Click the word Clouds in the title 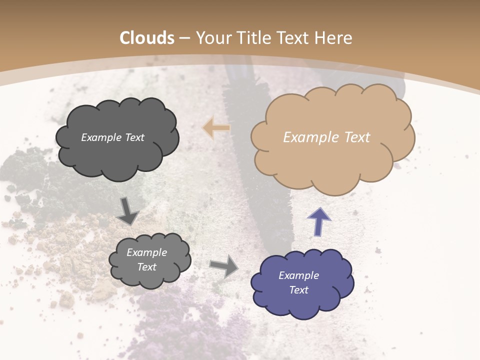coord(147,38)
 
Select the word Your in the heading coord(212,38)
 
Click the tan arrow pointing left coord(216,128)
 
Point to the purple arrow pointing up coord(318,221)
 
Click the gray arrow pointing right coord(224,265)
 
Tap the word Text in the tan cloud coord(357,137)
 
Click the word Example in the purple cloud coord(298,275)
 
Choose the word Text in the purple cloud coord(298,290)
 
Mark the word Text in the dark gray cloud coord(133,137)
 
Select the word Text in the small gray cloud coord(146,267)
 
